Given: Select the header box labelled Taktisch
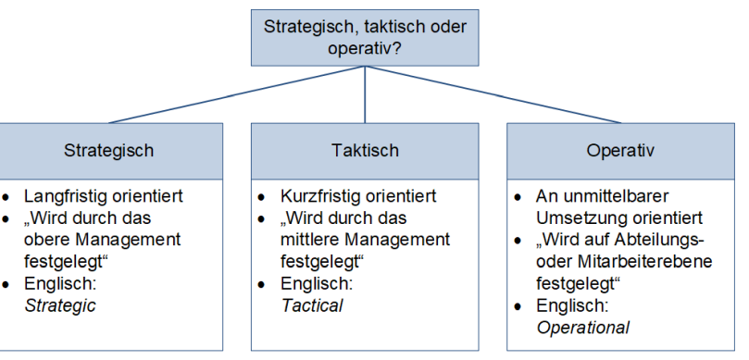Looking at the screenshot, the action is (365, 151).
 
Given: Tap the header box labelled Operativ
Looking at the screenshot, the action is (620, 151).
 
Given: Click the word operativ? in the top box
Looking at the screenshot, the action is (365, 49).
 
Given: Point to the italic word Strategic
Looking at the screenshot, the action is (60, 305).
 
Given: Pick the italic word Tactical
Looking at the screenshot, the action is (311, 305).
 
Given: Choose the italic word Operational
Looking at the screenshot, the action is (582, 328).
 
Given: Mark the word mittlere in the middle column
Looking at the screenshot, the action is (309, 239).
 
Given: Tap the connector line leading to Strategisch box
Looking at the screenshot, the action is (237, 94).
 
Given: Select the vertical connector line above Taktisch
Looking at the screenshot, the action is (365, 94).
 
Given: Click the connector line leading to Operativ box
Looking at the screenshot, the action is (493, 94).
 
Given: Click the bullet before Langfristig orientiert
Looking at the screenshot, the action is (6, 197).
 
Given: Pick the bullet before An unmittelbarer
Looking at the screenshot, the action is (518, 197).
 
